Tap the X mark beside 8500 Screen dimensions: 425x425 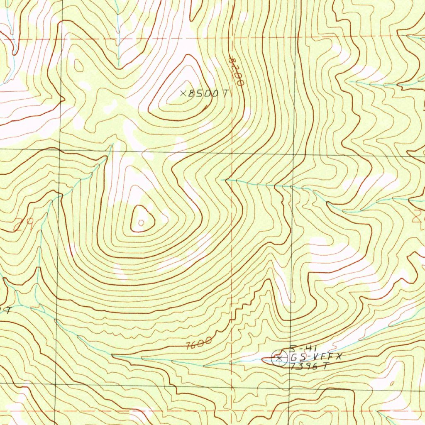pyautogui.click(x=183, y=94)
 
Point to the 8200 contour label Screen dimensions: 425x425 pyautogui.click(x=236, y=71)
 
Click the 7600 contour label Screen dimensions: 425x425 pyautogui.click(x=199, y=344)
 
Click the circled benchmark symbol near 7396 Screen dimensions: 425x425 pyautogui.click(x=279, y=357)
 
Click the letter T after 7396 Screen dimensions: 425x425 pyautogui.click(x=326, y=366)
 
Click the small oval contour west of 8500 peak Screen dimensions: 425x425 pyautogui.click(x=78, y=65)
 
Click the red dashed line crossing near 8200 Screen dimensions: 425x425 pyautogui.click(x=231, y=38)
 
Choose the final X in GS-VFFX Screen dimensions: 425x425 pyautogui.click(x=338, y=357)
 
